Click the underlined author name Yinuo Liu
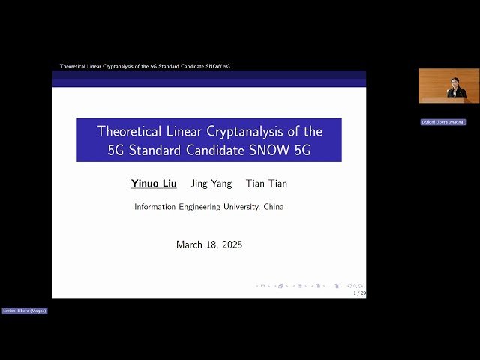(154, 184)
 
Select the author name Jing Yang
(211, 184)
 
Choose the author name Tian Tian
(266, 184)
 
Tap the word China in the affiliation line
(273, 207)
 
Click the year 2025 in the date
(228, 244)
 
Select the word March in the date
(189, 244)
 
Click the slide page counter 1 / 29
(359, 293)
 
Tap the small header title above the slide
(145, 66)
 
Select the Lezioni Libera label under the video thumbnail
(442, 121)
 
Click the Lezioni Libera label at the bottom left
(24, 310)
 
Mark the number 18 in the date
(208, 244)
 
